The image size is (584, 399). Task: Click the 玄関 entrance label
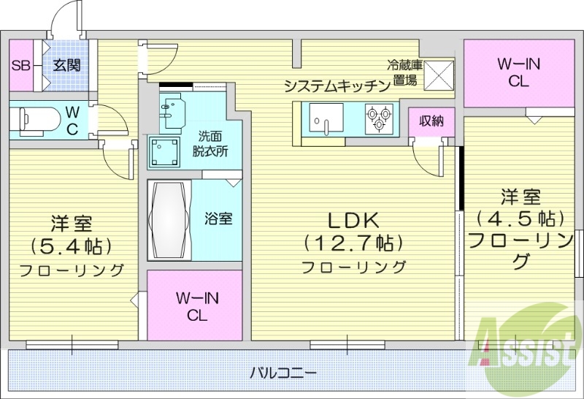click(x=66, y=65)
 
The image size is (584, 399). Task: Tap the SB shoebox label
click(x=20, y=65)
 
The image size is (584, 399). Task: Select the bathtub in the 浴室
click(x=169, y=218)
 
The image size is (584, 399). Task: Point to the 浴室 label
click(x=218, y=218)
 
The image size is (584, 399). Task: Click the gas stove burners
click(x=380, y=118)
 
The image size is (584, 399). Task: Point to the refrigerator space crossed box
click(x=440, y=73)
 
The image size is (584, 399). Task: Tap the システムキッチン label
click(x=337, y=86)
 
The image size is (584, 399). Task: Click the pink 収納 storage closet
click(x=431, y=121)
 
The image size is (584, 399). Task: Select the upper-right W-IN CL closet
click(x=518, y=72)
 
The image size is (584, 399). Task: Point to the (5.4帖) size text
click(x=71, y=245)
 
